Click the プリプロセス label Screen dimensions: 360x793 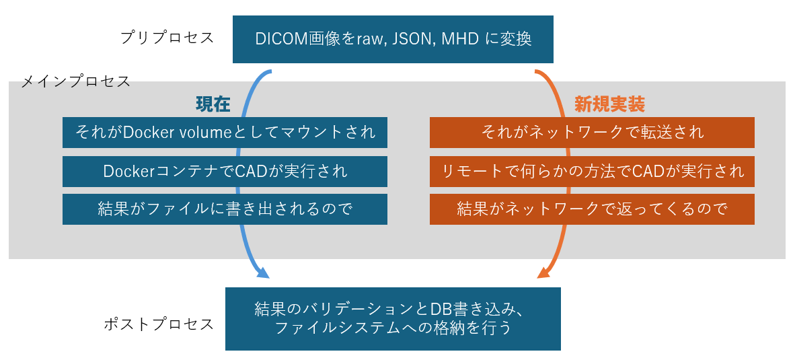pyautogui.click(x=167, y=38)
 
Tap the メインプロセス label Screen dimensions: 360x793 pyautogui.click(x=76, y=81)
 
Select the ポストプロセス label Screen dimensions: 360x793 pyautogui.click(x=159, y=324)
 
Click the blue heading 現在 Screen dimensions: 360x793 pyautogui.click(x=213, y=104)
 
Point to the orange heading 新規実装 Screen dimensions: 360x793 pyautogui.click(x=609, y=104)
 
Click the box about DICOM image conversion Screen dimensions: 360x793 pyautogui.click(x=393, y=39)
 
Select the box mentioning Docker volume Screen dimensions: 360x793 pyautogui.click(x=225, y=133)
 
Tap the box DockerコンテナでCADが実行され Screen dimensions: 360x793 pyautogui.click(x=225, y=172)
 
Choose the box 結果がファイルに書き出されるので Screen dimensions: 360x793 pyautogui.click(x=225, y=209)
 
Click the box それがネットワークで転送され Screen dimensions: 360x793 pyautogui.click(x=592, y=133)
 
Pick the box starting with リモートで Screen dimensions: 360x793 pyautogui.click(x=592, y=172)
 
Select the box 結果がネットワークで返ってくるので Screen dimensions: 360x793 pyautogui.click(x=592, y=209)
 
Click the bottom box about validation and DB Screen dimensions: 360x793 pyautogui.click(x=393, y=319)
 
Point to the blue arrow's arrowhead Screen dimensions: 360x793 pyautogui.click(x=263, y=273)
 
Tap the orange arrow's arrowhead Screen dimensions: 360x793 pyautogui.click(x=544, y=273)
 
